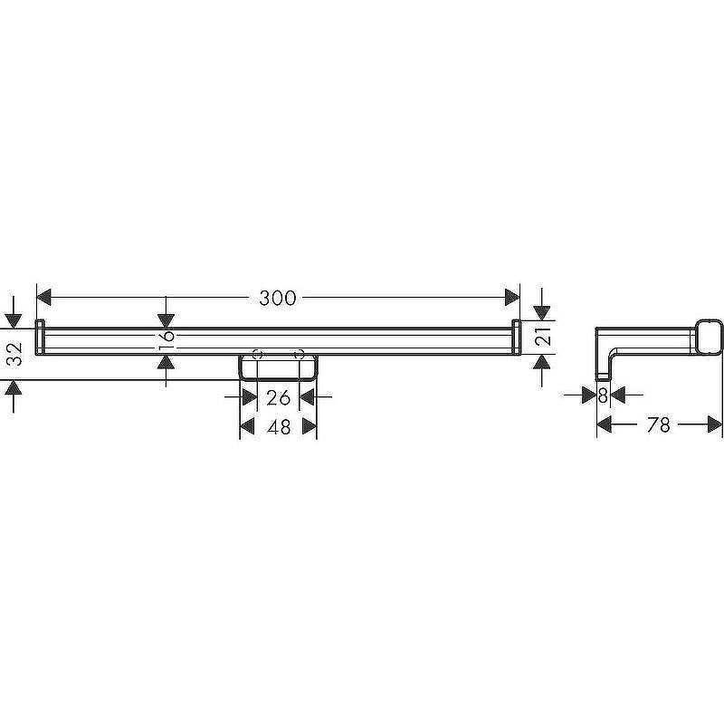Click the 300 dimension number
(278, 299)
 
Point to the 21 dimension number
(545, 336)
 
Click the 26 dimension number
(279, 397)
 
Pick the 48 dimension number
(279, 427)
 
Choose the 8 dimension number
(603, 395)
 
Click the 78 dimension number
(659, 424)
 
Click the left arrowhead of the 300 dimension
(43, 298)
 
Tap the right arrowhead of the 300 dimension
(512, 298)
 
